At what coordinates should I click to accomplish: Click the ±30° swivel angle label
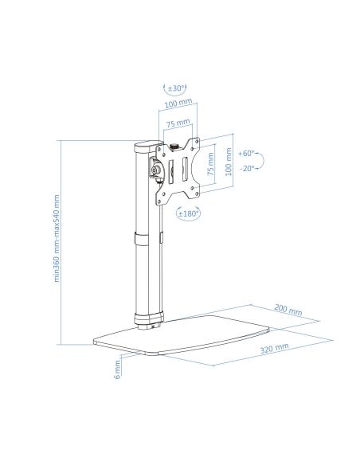click(x=177, y=88)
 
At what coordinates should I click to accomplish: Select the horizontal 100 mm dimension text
click(x=178, y=103)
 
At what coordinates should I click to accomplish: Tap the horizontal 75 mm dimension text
click(x=178, y=123)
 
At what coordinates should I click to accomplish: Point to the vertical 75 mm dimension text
click(x=210, y=164)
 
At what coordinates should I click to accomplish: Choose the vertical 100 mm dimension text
click(x=229, y=162)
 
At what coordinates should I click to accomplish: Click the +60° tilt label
click(x=246, y=154)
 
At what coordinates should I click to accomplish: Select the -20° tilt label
click(x=247, y=169)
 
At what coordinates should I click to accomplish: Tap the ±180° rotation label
click(x=188, y=213)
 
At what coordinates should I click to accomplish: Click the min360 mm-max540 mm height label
click(x=57, y=238)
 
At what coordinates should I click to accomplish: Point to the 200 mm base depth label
click(x=288, y=310)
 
